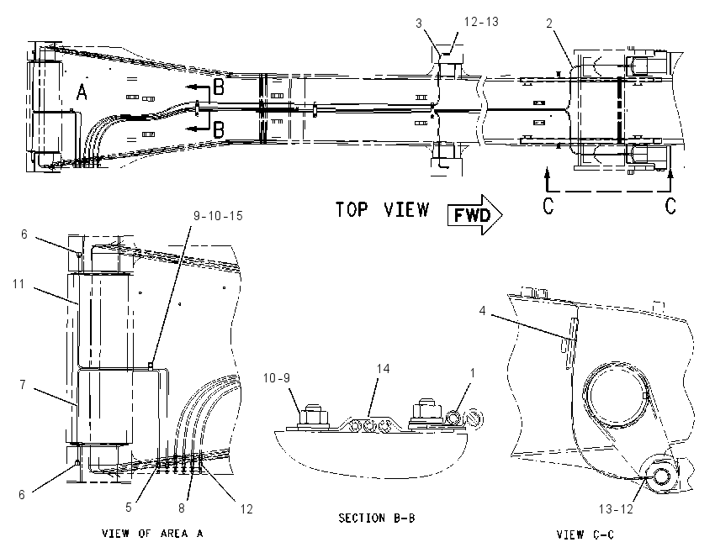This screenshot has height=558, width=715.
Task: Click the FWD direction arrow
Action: [x=474, y=214]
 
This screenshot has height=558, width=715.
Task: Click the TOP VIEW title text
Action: [x=383, y=209]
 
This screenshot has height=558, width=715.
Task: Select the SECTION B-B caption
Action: [x=377, y=518]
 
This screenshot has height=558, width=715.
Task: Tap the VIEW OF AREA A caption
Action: [x=152, y=533]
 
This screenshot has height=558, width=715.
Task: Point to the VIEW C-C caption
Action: [x=585, y=534]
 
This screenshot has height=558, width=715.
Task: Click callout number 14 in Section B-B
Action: [x=383, y=369]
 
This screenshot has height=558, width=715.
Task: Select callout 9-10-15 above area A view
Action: [x=218, y=215]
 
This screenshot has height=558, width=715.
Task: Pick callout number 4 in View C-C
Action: [x=482, y=311]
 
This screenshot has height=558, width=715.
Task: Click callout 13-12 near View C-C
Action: [x=616, y=508]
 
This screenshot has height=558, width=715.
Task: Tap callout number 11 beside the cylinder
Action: [x=19, y=284]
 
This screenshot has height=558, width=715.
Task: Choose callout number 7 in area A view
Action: [x=23, y=385]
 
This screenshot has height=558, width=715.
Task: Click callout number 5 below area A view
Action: [x=129, y=508]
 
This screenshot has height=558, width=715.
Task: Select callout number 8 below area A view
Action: [x=182, y=508]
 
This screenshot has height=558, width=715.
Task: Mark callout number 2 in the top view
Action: [x=549, y=24]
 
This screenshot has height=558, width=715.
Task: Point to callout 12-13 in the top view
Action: [x=481, y=22]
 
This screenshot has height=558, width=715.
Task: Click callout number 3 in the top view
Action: [x=419, y=24]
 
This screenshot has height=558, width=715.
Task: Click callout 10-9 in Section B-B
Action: [x=277, y=377]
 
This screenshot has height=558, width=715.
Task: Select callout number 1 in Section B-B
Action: [x=473, y=373]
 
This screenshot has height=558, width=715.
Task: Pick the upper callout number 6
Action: [x=24, y=234]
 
